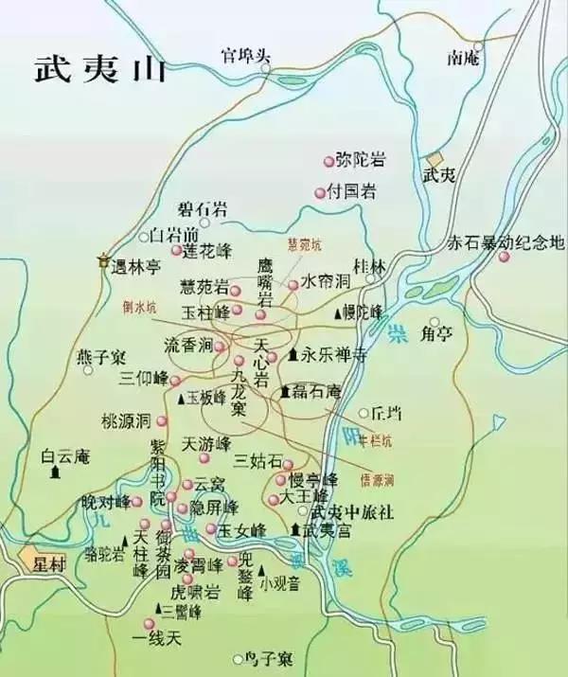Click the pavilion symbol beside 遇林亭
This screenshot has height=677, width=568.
[x=103, y=259]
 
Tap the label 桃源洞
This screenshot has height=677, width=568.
[x=127, y=419]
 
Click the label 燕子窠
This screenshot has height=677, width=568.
[x=100, y=357]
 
